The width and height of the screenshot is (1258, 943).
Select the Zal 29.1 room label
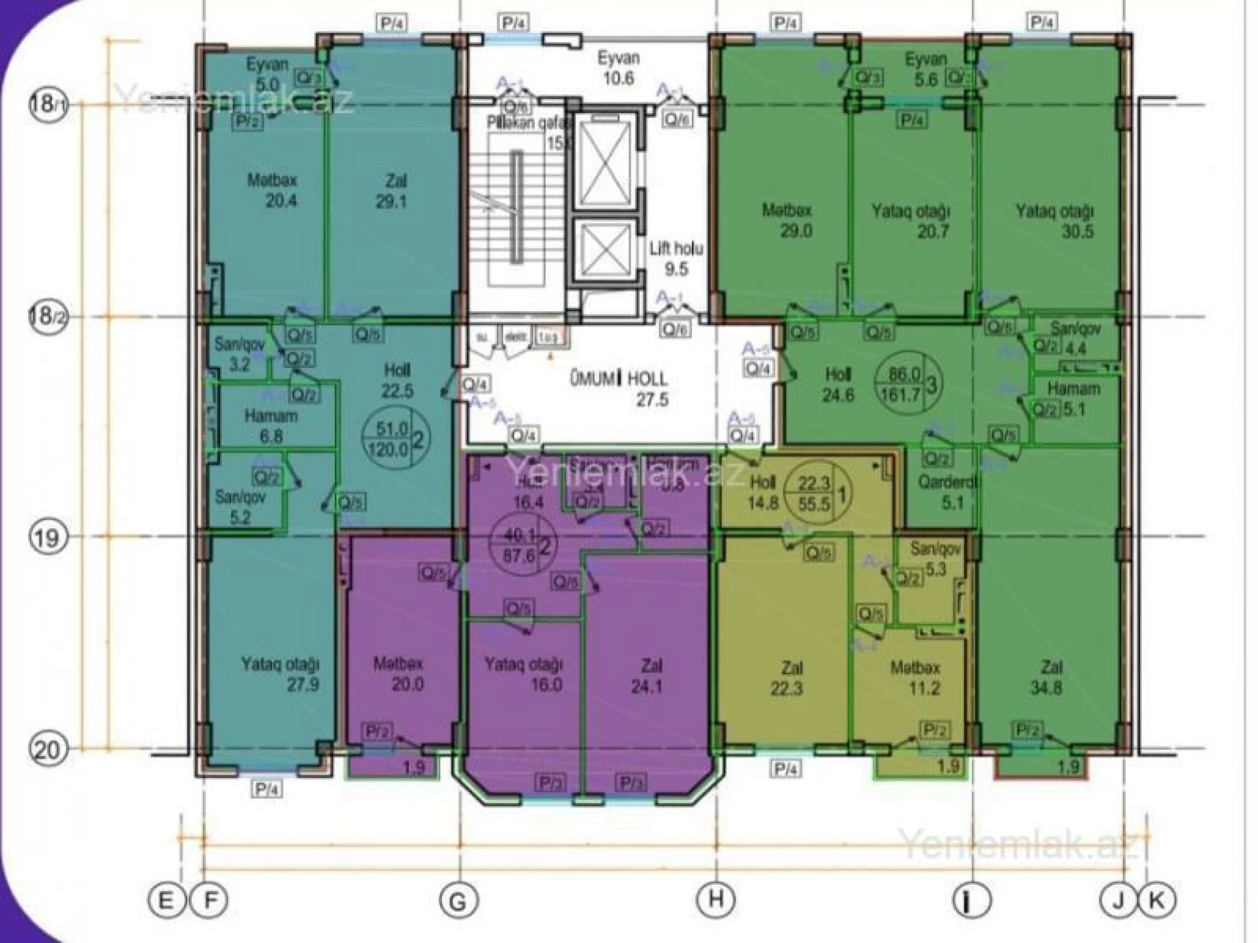point(392,191)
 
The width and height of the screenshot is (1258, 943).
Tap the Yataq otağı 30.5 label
point(1055,220)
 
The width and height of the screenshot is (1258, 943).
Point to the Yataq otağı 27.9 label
point(281,674)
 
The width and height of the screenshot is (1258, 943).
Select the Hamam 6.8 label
point(271,426)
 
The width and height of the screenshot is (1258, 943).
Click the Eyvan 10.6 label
point(618,68)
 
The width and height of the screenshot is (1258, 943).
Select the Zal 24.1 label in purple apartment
point(651,675)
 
